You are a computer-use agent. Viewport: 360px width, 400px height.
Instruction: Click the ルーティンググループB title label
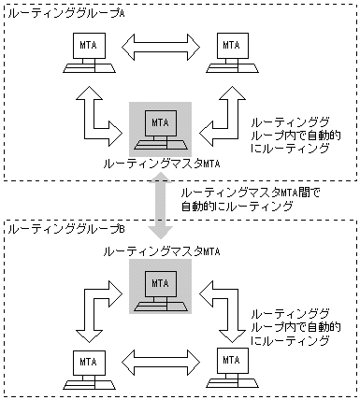[x=47, y=228]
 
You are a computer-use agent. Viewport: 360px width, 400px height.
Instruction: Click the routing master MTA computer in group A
[x=159, y=131]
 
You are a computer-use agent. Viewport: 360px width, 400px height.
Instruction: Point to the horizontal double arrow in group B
[x=159, y=358]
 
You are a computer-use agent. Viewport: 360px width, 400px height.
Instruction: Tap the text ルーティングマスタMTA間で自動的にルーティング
[x=234, y=200]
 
